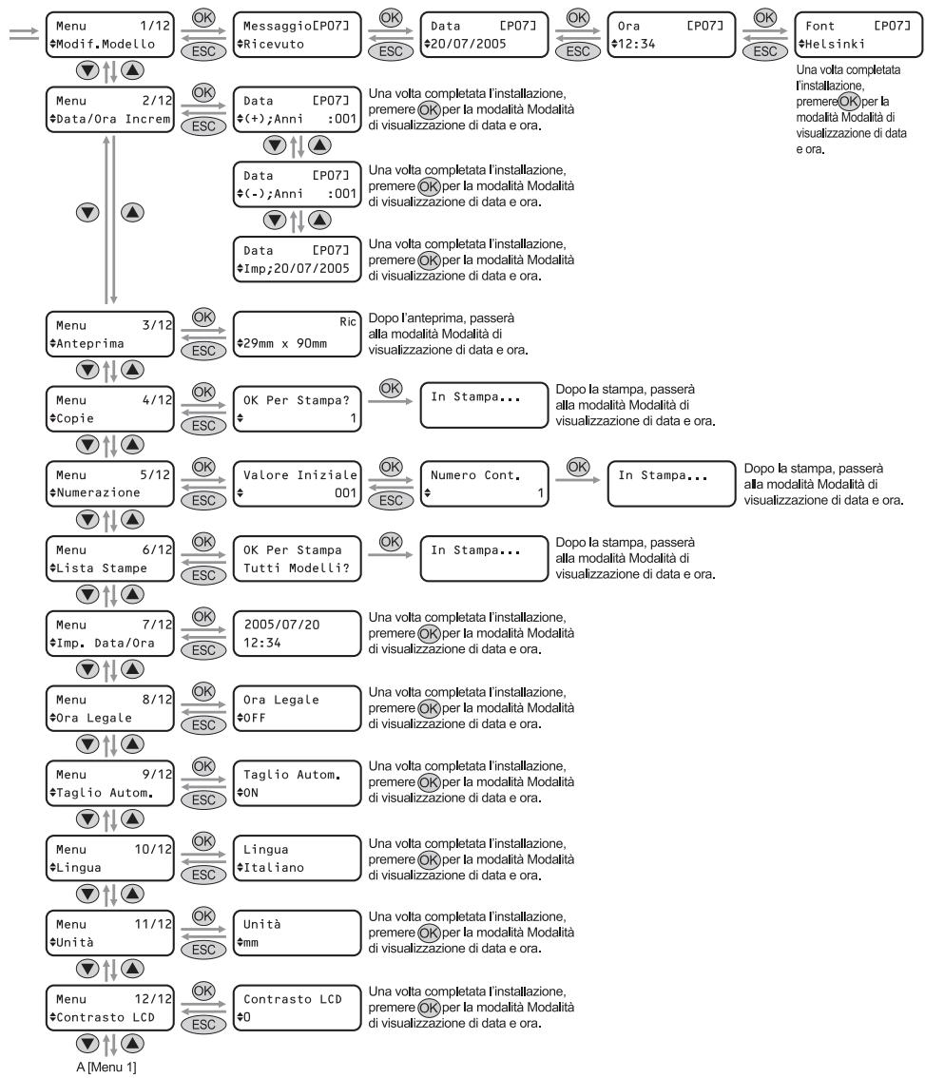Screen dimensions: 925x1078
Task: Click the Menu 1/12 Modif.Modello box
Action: (x=110, y=34)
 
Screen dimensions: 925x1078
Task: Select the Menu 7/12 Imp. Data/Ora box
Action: (x=110, y=633)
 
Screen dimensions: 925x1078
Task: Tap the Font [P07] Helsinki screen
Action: (x=858, y=34)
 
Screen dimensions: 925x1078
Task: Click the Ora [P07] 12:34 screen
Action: (x=671, y=34)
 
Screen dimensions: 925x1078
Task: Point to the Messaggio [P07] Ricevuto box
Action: (x=298, y=34)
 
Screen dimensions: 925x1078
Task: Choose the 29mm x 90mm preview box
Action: (x=298, y=334)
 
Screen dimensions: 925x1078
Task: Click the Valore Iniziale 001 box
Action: (x=298, y=484)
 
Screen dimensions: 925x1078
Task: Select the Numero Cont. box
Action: (x=484, y=484)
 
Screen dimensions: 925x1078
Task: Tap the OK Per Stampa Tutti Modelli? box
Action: (x=298, y=559)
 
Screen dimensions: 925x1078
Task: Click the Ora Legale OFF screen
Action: (x=298, y=708)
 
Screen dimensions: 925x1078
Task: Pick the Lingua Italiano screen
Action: (x=298, y=858)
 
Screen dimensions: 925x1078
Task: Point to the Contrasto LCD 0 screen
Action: (x=298, y=1008)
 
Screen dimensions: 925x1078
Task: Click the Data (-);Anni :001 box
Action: (x=298, y=184)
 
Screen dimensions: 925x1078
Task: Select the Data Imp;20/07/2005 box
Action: (x=298, y=260)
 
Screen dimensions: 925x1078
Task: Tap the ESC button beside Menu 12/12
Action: (x=203, y=1025)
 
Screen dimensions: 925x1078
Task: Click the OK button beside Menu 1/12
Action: (x=203, y=18)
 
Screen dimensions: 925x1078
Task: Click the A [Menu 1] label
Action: (x=106, y=1068)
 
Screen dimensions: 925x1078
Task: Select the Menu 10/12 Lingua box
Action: (x=110, y=858)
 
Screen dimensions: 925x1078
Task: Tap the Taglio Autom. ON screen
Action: (x=298, y=783)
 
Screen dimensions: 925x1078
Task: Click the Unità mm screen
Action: (x=298, y=933)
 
